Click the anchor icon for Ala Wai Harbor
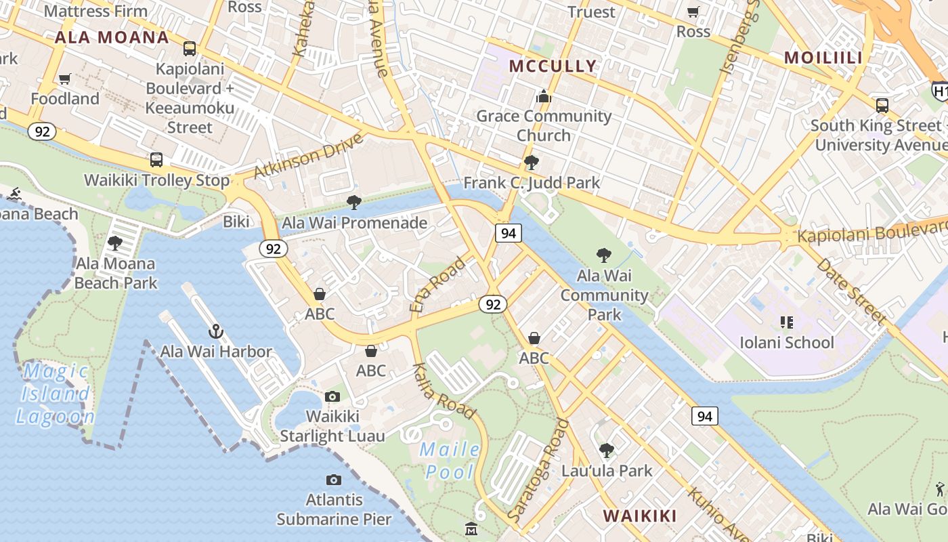coord(215,331)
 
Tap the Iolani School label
coord(786,342)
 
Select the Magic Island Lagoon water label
coord(55,394)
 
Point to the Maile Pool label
coord(450,460)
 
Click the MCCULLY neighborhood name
coord(553,66)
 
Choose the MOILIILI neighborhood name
coord(823,58)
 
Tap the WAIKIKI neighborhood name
coord(640,516)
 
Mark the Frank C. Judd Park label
coord(532,182)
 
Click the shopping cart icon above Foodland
coord(65,79)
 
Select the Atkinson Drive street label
coord(308,157)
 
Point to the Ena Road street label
coord(438,285)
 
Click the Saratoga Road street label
coord(538,470)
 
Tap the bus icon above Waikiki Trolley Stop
coord(156,160)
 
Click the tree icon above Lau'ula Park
coord(607,450)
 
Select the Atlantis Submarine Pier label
coord(334,509)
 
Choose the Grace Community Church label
coord(543,125)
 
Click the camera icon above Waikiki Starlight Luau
coord(332,396)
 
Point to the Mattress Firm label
coord(95,12)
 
